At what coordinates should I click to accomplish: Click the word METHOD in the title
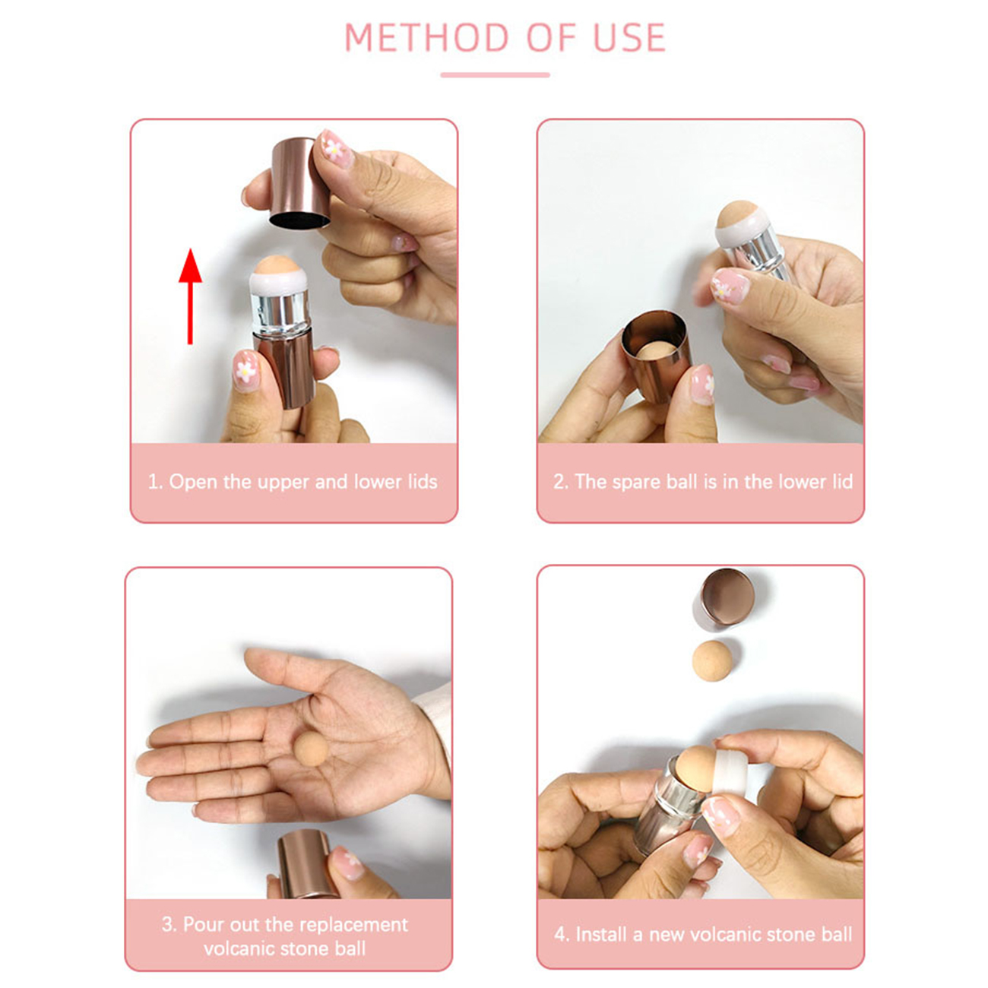[427, 37]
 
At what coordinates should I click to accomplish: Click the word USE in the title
[629, 37]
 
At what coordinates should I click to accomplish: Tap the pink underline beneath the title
[495, 74]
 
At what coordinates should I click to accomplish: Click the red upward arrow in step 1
[190, 296]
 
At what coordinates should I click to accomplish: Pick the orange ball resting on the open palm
[312, 749]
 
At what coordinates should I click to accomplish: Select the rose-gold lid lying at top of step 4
[727, 598]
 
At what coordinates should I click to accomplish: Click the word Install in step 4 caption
[601, 934]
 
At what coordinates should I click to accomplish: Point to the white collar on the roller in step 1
[278, 283]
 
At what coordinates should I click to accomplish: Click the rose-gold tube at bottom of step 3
[305, 863]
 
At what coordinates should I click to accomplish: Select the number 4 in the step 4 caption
[560, 934]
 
